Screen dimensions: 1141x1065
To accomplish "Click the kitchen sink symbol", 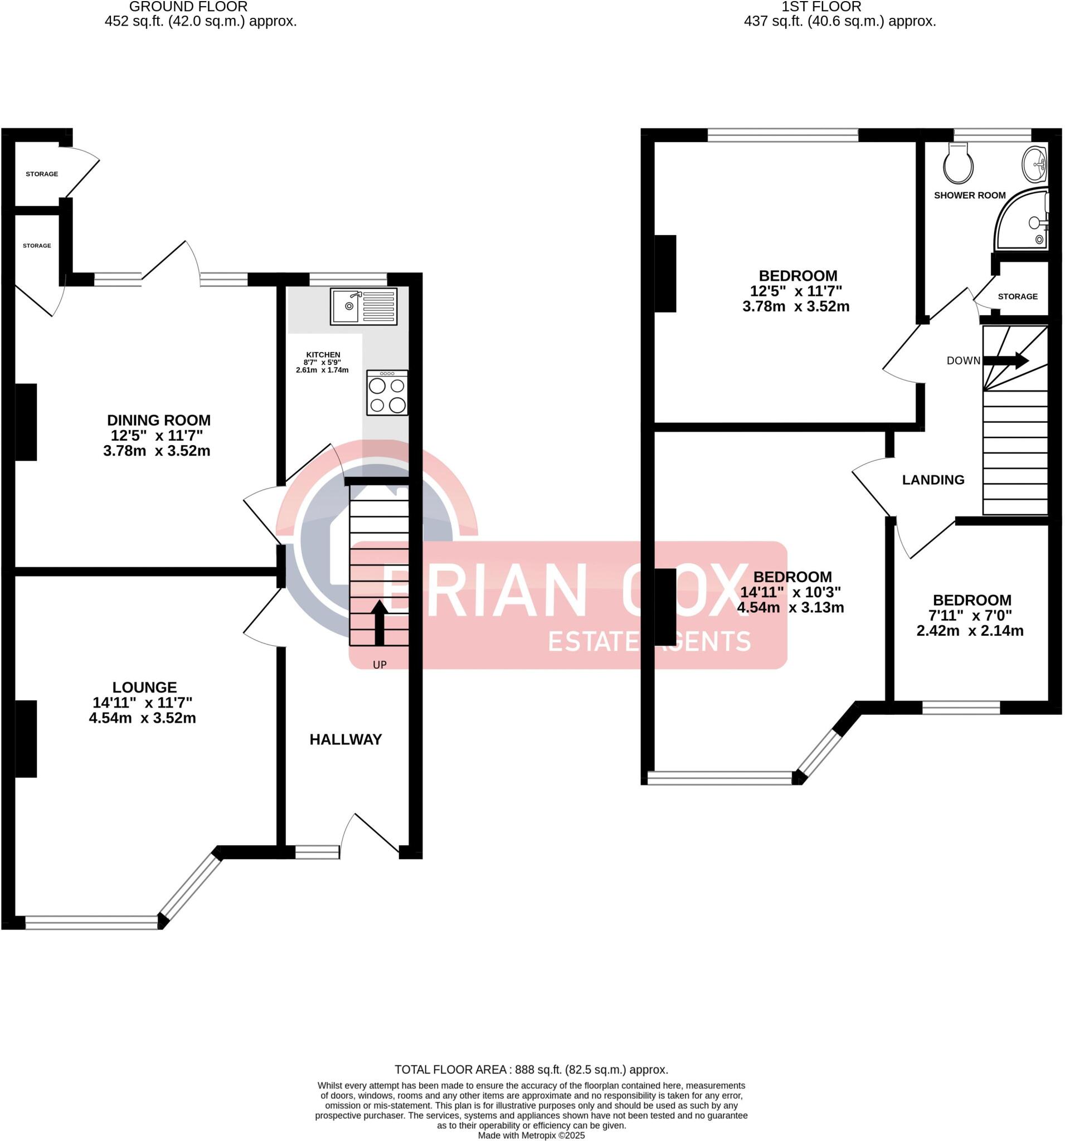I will pos(363,306).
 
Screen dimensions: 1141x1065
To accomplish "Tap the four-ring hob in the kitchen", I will pos(387,393).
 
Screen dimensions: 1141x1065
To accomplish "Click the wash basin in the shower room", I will pos(1035,164).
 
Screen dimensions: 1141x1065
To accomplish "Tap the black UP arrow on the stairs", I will pos(379,623).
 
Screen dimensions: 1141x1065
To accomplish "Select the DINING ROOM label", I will pos(158,420).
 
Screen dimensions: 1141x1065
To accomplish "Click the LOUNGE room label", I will pos(145,687).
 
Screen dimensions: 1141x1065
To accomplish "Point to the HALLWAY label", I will pos(346,739).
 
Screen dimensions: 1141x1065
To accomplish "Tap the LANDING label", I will pos(933,480).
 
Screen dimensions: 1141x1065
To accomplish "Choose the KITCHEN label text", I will pos(323,355).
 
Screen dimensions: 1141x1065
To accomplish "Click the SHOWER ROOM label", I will pos(970,195).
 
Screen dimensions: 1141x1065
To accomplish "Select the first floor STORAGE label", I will pos(1017,296).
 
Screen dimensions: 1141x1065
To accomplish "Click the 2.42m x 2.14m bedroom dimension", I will pos(970,631).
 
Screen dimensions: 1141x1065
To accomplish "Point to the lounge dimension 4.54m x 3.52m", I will pos(142,718).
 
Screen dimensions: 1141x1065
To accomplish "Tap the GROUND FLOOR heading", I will pos(188,7).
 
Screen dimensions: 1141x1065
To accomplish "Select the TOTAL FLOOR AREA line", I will pos(531,1070).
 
